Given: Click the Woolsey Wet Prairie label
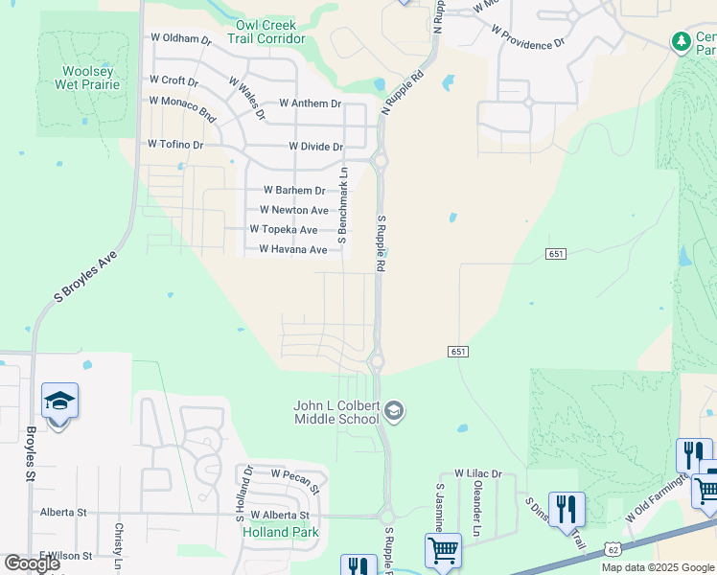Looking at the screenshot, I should click(x=91, y=78).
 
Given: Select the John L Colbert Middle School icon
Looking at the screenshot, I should click(x=393, y=412).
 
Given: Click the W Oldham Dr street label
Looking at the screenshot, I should click(x=180, y=38).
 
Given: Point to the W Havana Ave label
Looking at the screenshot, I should click(x=293, y=250).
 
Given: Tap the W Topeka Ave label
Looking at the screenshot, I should click(x=283, y=230).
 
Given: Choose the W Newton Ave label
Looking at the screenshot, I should click(x=293, y=211).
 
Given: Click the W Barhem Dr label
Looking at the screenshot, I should click(x=293, y=191).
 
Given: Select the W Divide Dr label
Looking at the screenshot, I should click(x=315, y=147).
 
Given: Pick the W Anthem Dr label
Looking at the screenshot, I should click(x=311, y=103).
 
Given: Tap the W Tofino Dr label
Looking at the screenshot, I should click(x=175, y=145).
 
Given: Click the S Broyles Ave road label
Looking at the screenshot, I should click(x=85, y=278).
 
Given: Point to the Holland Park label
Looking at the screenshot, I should click(x=280, y=532).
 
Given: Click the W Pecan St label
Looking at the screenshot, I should click(x=295, y=473).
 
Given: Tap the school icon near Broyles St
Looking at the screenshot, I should click(x=59, y=402).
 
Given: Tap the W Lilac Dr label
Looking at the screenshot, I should click(x=477, y=473).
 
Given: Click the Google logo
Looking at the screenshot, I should click(x=32, y=564).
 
